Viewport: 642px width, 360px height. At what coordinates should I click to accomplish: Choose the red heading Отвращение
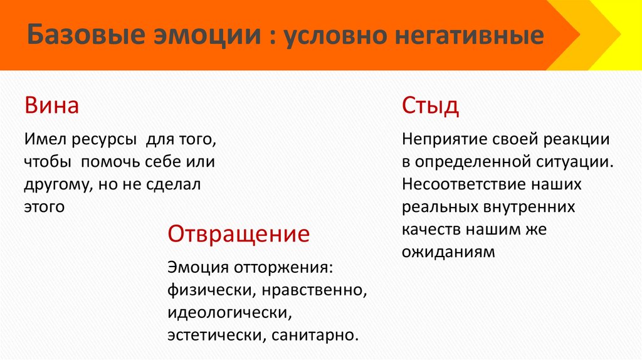(238, 234)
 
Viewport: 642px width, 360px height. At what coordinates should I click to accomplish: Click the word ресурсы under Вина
(97, 139)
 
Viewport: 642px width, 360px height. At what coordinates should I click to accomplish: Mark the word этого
(45, 206)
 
